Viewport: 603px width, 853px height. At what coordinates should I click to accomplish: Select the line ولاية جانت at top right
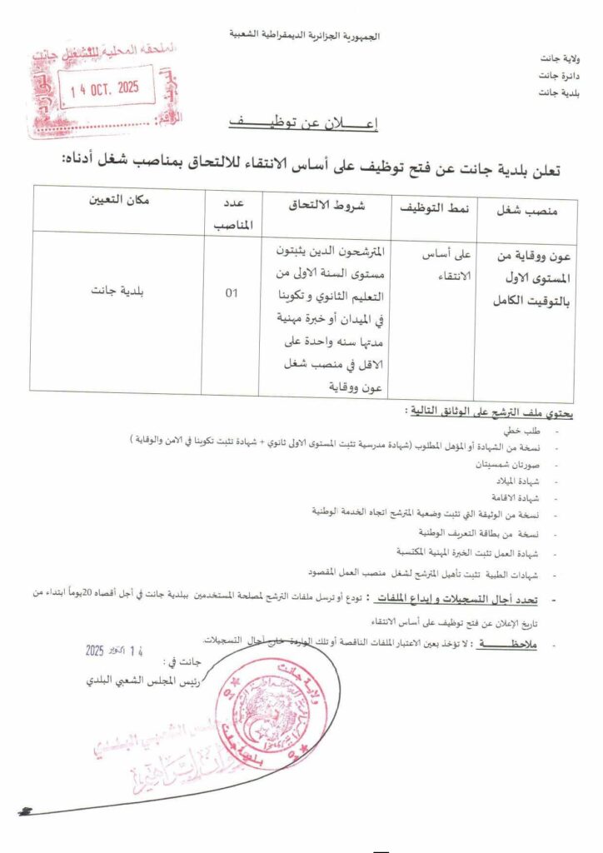[x=561, y=59]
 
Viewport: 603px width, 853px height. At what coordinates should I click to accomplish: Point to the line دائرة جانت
[x=561, y=75]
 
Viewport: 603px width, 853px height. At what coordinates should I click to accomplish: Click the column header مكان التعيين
[x=118, y=200]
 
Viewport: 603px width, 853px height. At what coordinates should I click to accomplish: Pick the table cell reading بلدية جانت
[x=118, y=293]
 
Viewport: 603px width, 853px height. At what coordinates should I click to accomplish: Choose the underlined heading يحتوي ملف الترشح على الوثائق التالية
[x=495, y=412]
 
